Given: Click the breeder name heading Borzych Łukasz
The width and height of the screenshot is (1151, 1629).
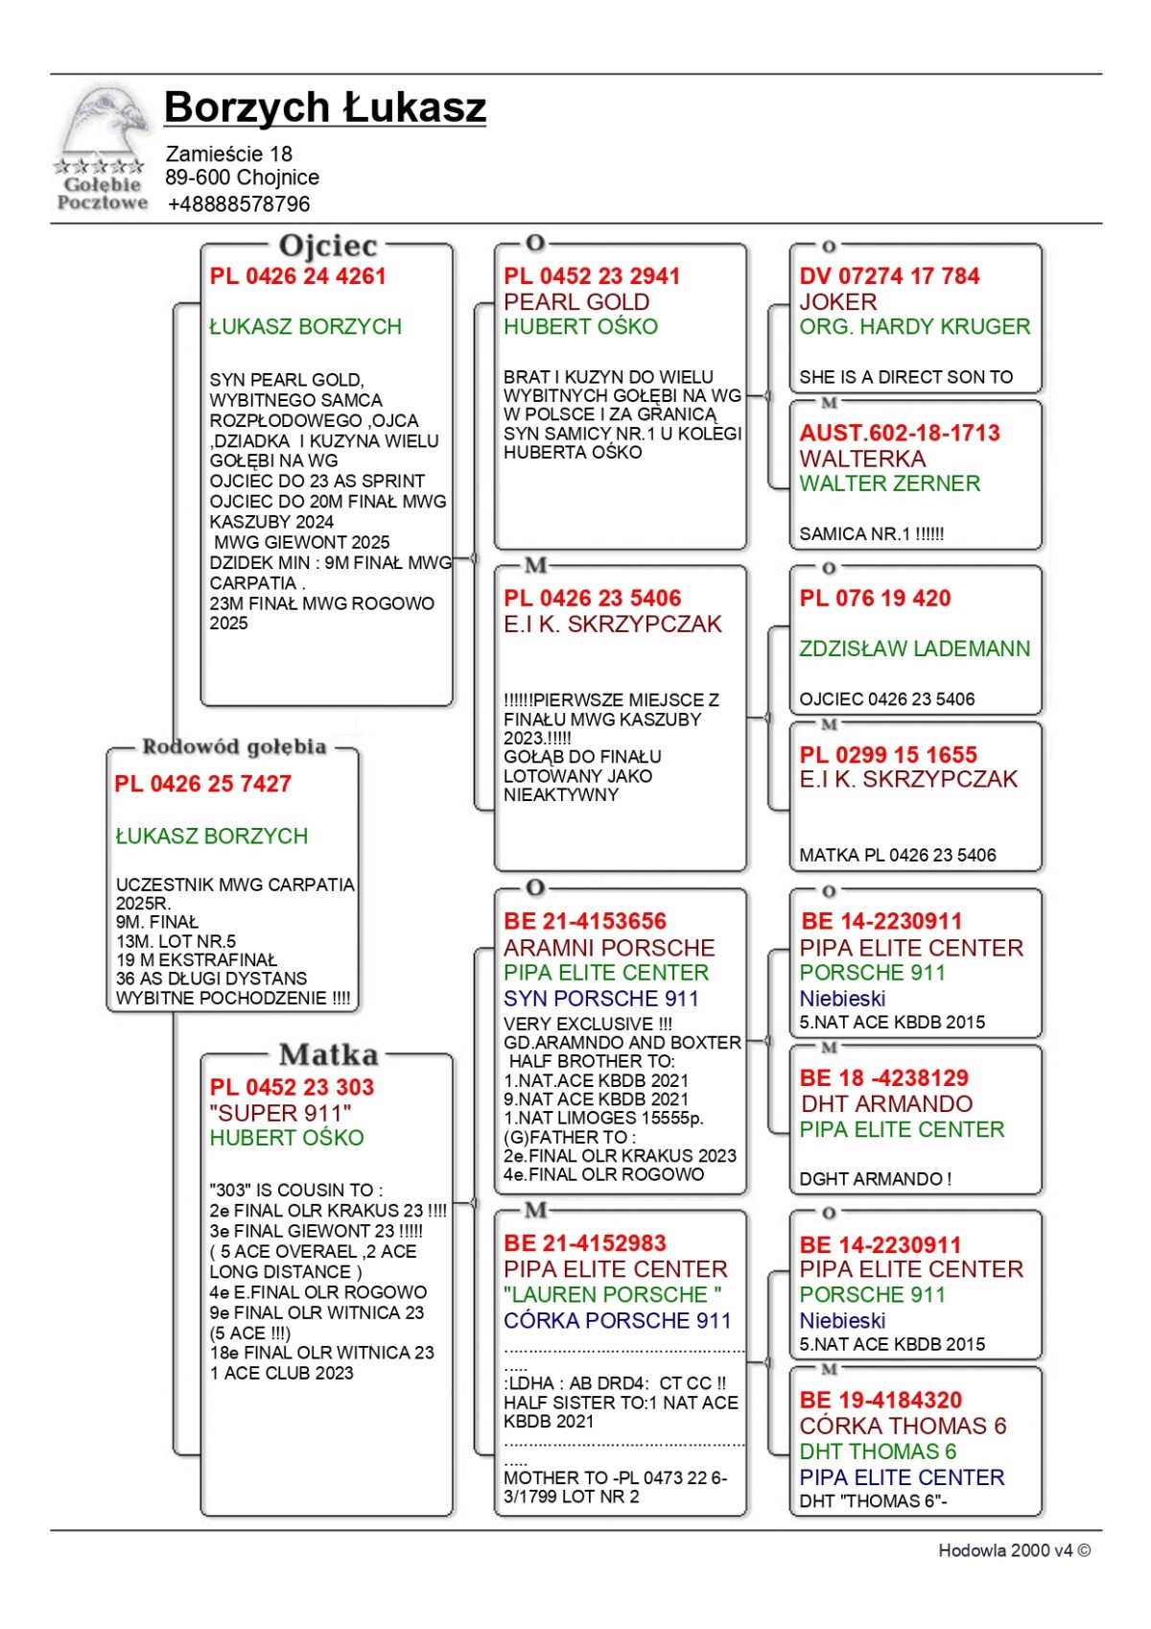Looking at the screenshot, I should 324,107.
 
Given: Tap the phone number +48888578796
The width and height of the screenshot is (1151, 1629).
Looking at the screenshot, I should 239,204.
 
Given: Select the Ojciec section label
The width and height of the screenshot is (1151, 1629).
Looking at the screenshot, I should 327,246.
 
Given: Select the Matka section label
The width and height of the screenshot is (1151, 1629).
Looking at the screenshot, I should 328,1055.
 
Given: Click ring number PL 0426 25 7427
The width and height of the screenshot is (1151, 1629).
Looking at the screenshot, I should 202,784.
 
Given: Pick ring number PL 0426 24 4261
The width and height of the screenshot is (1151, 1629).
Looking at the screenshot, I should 297,276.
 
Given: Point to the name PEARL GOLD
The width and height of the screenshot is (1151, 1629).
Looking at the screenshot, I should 576,301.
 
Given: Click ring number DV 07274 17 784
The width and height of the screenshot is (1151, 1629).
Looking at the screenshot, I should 889,276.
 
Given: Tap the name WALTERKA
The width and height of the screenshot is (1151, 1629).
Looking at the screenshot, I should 862,459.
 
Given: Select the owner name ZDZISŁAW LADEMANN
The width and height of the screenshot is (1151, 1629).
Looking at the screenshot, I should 914,649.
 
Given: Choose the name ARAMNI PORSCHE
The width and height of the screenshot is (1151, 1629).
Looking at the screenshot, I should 609,948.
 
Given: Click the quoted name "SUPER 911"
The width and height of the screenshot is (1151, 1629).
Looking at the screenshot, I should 280,1113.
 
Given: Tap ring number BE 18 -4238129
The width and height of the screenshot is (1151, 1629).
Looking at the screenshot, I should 884,1078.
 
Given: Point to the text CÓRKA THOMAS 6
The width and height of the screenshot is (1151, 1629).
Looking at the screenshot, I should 903,1426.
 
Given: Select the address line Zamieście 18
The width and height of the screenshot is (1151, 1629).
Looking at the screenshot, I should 228,153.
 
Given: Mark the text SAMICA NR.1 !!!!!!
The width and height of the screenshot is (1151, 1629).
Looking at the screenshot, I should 871,534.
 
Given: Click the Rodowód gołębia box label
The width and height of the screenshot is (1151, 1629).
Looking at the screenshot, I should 234,746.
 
